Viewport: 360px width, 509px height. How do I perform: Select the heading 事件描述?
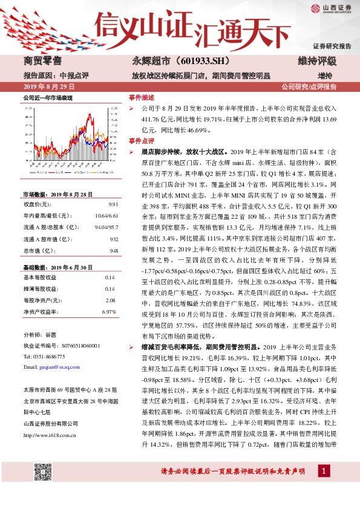pyautogui.click(x=142, y=97)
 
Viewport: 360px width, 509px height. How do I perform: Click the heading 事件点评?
pyautogui.click(x=142, y=140)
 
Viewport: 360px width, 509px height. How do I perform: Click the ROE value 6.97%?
pyautogui.click(x=109, y=311)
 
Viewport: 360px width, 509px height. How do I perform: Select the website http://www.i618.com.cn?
pyautogui.click(x=49, y=417)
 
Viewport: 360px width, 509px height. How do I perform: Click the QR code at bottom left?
pyautogui.click(x=43, y=473)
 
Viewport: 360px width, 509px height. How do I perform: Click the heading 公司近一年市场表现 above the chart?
pyautogui.click(x=47, y=97)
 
